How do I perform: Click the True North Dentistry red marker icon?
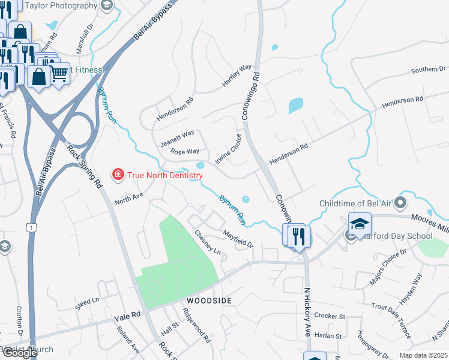coord(118,175)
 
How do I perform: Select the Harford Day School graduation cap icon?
coord(360,224)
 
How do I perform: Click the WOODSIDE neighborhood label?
coord(208,299)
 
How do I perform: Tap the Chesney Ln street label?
coord(208,242)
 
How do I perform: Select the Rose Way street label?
coord(184,152)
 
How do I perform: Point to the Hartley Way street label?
coord(237,76)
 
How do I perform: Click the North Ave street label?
coord(129,196)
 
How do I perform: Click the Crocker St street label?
coord(330,316)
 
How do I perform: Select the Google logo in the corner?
coord(19,353)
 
